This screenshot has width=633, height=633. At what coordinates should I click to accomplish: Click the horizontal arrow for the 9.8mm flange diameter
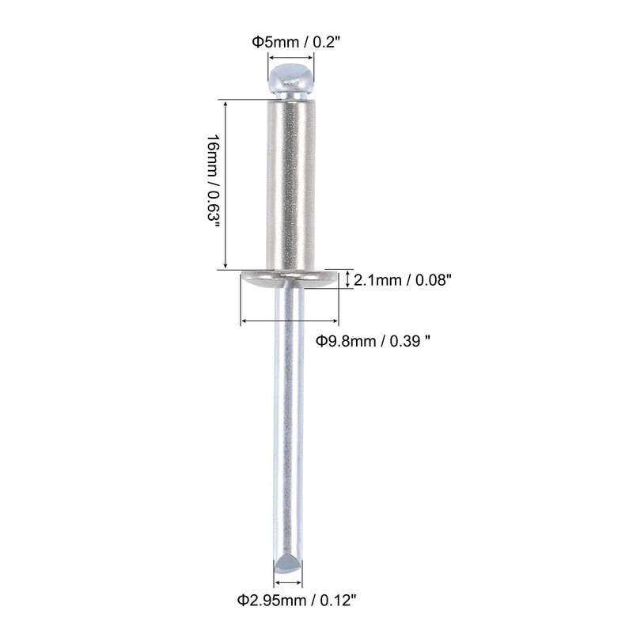(x=290, y=320)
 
